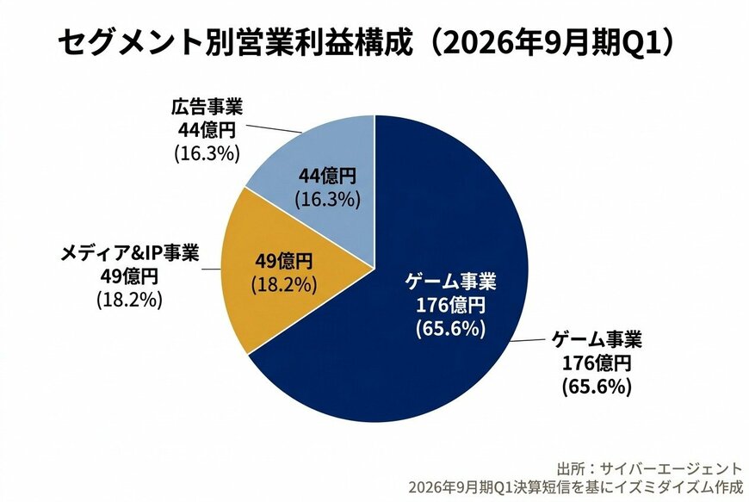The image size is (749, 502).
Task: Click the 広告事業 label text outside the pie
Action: pyautogui.click(x=207, y=108)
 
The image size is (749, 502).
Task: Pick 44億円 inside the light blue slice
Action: pyautogui.click(x=327, y=177)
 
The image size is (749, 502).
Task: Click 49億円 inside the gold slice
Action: pyautogui.click(x=285, y=259)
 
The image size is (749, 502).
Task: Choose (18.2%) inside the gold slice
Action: pyautogui.click(x=285, y=282)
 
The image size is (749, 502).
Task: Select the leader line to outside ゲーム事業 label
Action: pyautogui.click(x=529, y=344)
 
